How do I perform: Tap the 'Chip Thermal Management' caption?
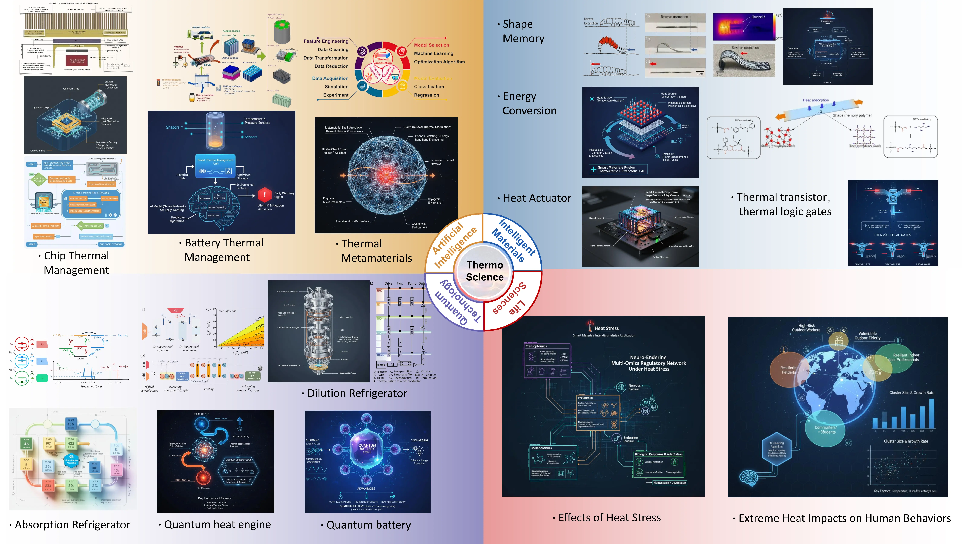click(76, 263)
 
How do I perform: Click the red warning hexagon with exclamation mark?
click(265, 194)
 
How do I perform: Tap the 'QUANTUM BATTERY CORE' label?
click(367, 449)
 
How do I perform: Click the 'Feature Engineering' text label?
click(326, 41)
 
